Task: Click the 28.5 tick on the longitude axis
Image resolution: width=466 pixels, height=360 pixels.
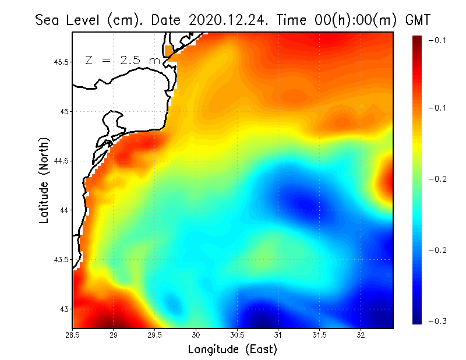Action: click(x=72, y=334)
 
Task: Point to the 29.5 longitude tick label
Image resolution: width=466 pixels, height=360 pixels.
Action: click(x=155, y=334)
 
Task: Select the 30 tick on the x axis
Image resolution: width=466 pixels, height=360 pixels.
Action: click(x=196, y=334)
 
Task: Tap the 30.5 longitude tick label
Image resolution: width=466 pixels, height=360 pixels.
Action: click(x=237, y=334)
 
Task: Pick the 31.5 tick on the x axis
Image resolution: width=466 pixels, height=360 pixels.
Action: click(x=319, y=334)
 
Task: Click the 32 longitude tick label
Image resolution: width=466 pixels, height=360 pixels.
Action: click(x=361, y=334)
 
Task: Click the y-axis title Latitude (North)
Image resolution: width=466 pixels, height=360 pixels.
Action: click(x=44, y=181)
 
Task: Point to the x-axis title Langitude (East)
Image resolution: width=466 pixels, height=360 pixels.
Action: click(x=232, y=350)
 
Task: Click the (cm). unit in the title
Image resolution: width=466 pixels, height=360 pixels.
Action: click(x=126, y=20)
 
